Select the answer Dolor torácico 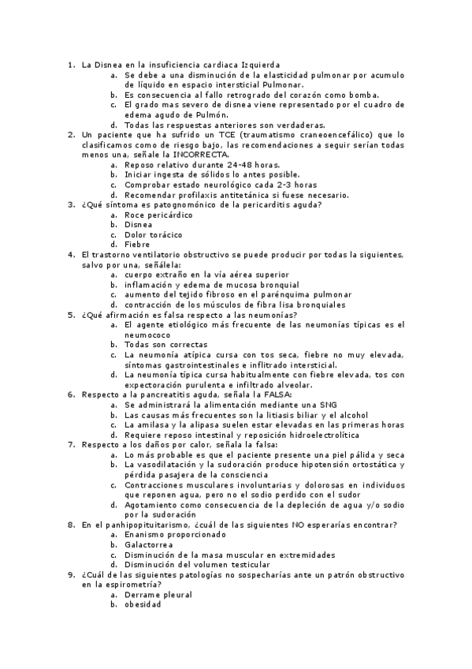153,234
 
